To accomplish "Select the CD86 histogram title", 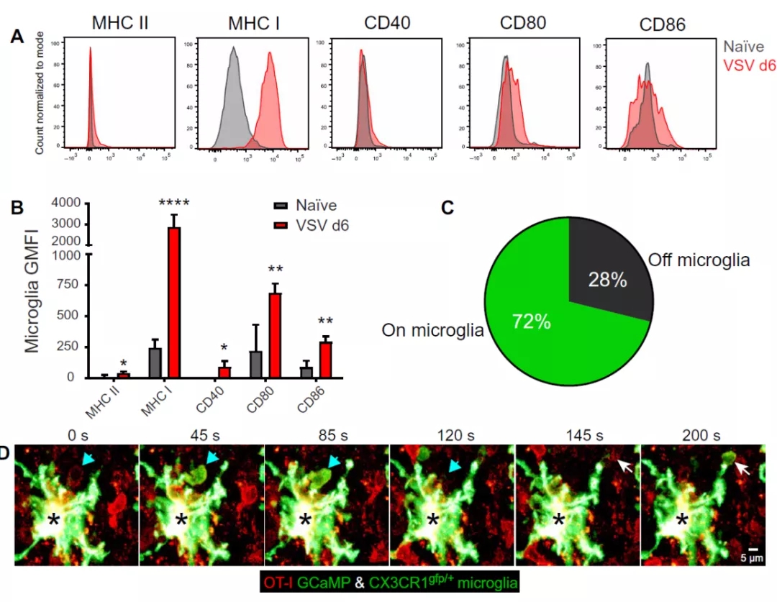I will (662, 25).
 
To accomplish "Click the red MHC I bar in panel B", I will (173, 302).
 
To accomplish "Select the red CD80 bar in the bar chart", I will (275, 334).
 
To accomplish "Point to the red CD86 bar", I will (326, 359).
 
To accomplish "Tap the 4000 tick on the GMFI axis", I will (70, 203).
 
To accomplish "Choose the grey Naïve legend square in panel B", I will (280, 205).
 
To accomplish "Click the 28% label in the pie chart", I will (608, 280).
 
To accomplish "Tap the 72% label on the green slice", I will (532, 323).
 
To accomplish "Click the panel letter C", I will (447, 208).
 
